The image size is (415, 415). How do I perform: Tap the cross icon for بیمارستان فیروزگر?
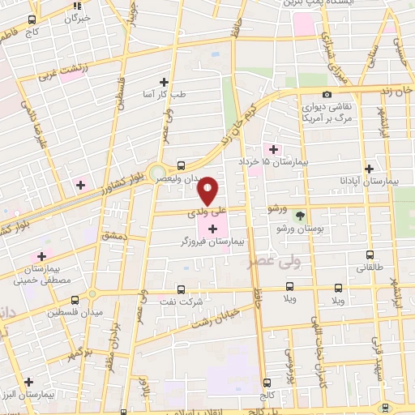(213, 229)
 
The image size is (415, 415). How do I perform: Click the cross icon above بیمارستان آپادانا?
(370, 169)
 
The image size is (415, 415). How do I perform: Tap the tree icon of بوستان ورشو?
(301, 216)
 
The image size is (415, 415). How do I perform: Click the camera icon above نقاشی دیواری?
(327, 95)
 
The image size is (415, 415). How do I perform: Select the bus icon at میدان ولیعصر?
(180, 165)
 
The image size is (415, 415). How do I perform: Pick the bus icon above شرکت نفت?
(180, 289)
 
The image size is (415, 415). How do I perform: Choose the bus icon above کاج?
(32, 19)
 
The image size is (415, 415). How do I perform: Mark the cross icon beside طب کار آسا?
(164, 82)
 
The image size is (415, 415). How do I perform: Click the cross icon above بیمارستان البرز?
(28, 381)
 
